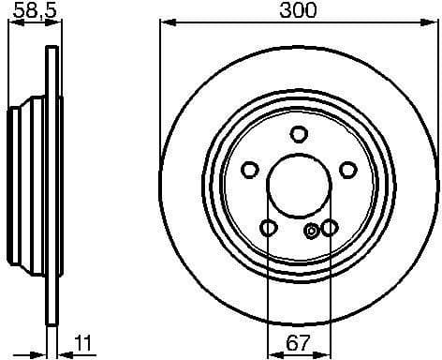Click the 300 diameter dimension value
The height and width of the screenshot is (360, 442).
pyautogui.click(x=299, y=10)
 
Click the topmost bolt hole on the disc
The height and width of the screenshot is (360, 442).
pyautogui.click(x=299, y=134)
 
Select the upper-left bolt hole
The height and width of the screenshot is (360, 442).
pyautogui.click(x=249, y=170)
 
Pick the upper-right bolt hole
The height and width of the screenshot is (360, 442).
pyautogui.click(x=348, y=170)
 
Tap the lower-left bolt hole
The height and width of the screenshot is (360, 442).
pyautogui.click(x=269, y=228)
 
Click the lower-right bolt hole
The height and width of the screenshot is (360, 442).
pyautogui.click(x=330, y=228)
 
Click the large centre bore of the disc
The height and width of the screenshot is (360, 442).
pyautogui.click(x=299, y=184)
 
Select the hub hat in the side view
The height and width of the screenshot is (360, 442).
pyautogui.click(x=24, y=184)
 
